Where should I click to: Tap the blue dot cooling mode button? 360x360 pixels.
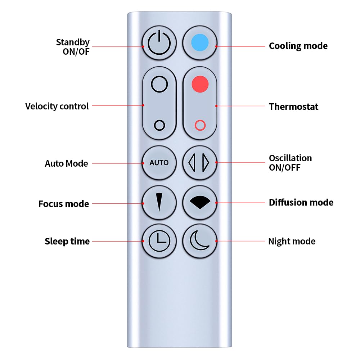(200, 42)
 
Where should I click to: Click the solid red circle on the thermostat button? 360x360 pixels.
(200, 84)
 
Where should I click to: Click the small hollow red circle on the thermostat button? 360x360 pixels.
(200, 125)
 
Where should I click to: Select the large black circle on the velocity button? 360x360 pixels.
(159, 84)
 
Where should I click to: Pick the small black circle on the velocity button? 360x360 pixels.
(159, 125)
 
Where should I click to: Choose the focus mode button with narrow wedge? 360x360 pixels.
(159, 203)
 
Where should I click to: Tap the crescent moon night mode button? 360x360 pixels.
(200, 241)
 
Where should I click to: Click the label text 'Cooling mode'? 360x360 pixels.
(298, 46)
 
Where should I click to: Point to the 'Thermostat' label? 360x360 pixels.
(293, 107)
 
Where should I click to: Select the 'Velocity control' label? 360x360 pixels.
(57, 107)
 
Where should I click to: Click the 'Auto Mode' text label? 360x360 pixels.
(66, 163)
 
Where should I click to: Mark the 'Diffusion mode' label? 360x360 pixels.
(301, 203)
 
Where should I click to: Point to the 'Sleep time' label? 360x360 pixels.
(67, 241)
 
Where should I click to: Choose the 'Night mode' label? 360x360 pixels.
(292, 241)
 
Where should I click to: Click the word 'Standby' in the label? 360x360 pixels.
(72, 42)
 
